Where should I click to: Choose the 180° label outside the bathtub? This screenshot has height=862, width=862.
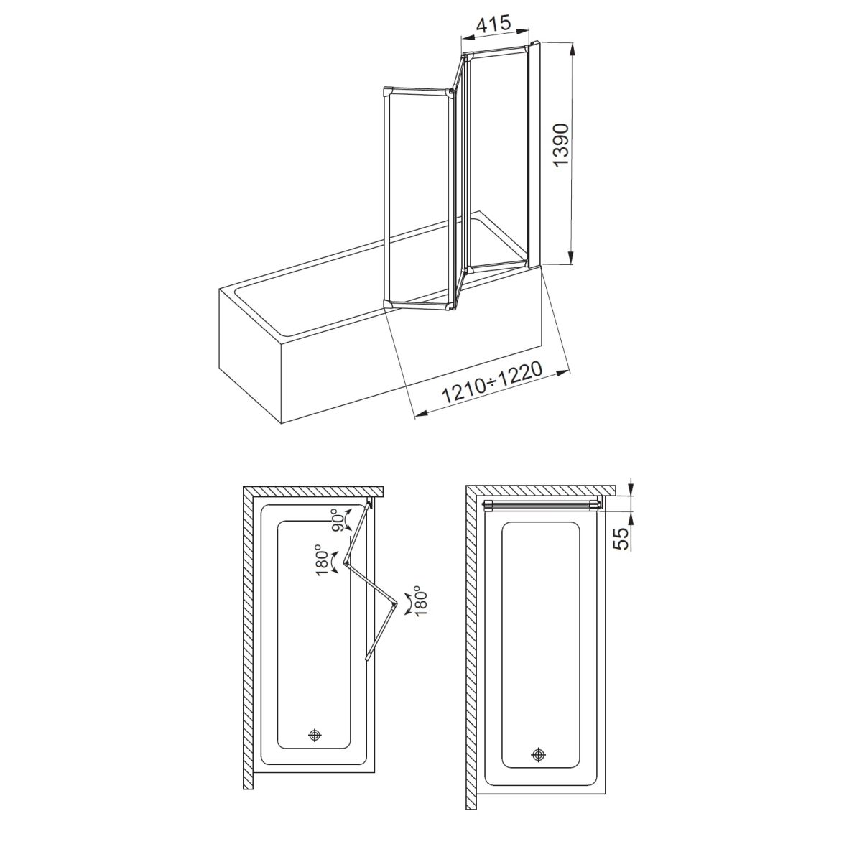(x=420, y=601)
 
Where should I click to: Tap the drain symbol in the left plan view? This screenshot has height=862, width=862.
(x=315, y=735)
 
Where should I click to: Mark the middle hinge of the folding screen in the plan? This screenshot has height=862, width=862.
(x=348, y=559)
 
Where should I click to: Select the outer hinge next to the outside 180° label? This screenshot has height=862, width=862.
(x=394, y=606)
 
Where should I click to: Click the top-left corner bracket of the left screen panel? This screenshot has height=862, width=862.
(x=387, y=92)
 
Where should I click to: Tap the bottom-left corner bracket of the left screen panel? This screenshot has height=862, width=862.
(x=388, y=304)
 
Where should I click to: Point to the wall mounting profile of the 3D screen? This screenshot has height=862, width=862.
(x=535, y=154)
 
